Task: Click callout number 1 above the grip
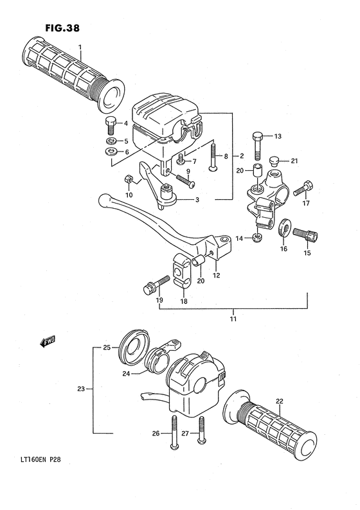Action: click(x=80, y=47)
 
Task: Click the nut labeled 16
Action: click(x=282, y=227)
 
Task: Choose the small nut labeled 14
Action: click(x=257, y=238)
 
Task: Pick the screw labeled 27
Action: click(x=202, y=430)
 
